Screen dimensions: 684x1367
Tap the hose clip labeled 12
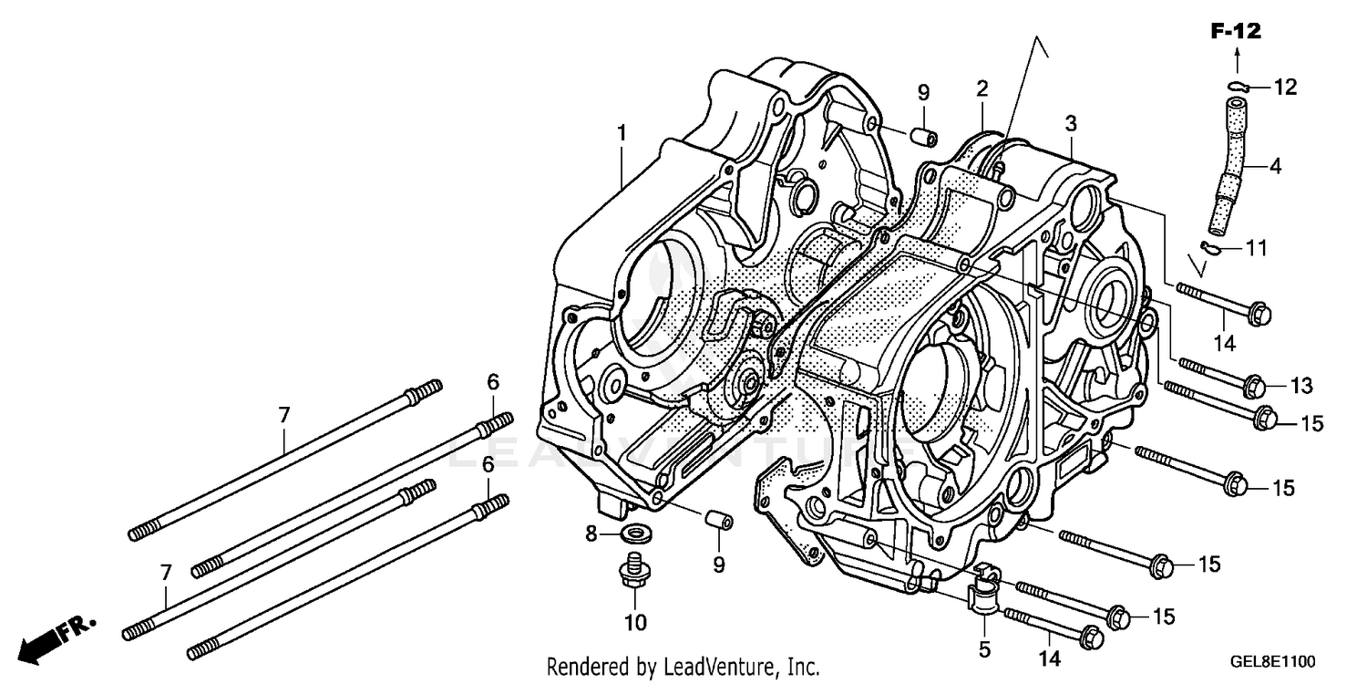point(1237,87)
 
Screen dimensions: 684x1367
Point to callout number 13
point(1300,387)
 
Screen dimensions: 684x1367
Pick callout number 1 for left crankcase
point(622,133)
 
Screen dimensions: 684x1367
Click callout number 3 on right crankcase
point(1071,123)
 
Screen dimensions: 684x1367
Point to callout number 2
point(982,89)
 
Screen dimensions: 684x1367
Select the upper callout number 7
point(283,416)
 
